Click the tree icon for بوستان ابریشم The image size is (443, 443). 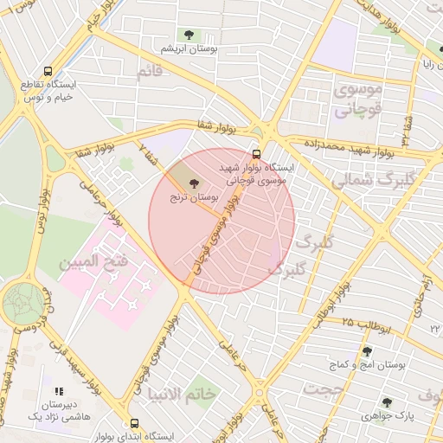[188, 35]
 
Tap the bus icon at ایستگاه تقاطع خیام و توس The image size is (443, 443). [48, 72]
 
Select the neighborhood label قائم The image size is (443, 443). [149, 72]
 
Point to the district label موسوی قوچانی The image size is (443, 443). [356, 100]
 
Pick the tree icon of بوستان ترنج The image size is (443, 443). [192, 183]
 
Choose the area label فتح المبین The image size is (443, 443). [94, 260]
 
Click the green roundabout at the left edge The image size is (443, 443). [22, 304]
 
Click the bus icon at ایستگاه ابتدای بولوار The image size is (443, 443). [134, 423]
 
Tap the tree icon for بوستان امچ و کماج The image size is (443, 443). [368, 351]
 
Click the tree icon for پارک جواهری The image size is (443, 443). [386, 401]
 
